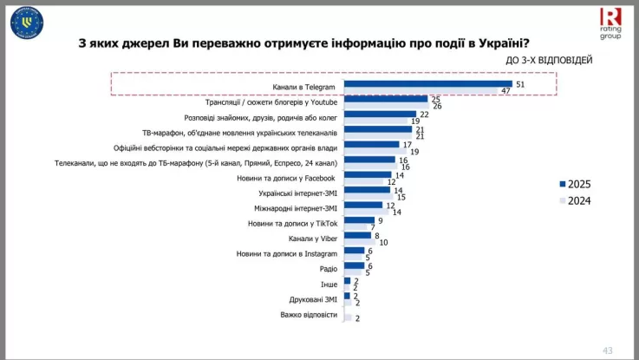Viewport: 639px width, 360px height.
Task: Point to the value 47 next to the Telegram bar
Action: tap(505, 90)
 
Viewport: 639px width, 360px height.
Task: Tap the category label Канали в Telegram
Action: tap(304, 87)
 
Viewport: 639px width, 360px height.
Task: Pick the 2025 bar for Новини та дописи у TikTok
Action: tap(359, 219)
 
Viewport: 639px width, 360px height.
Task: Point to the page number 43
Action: tap(607, 350)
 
